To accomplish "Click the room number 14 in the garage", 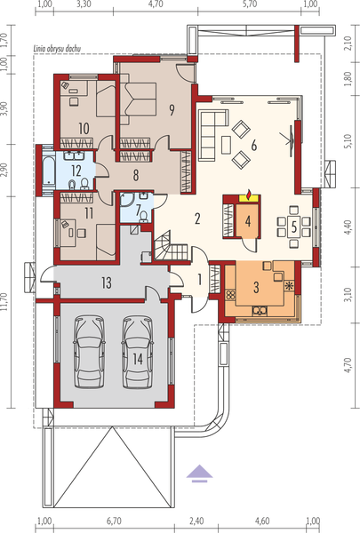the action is coord(138,359).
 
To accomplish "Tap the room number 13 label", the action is coord(107,282).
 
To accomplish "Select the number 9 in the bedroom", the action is coord(172,110).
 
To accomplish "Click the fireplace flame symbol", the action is coord(250,195).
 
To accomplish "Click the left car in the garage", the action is coord(89,352).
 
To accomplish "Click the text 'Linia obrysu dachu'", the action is coord(57,49).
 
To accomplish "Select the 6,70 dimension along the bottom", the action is coord(114,521).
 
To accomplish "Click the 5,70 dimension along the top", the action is coord(250,4).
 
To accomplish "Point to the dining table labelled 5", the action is coord(294,227).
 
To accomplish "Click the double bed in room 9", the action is coord(139,99).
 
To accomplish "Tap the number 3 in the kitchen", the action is coord(256,287).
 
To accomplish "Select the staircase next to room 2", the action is coord(171,245).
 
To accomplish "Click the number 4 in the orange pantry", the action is coord(248,221).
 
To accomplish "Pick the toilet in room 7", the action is coord(144,217).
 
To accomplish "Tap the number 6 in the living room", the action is coord(254,146).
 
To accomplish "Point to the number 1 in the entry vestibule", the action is coord(199,280).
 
